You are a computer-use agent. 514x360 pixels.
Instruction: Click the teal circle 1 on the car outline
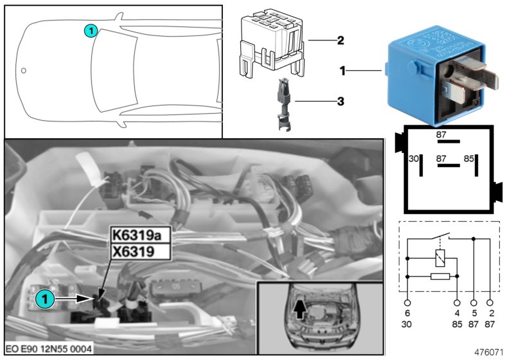point(91,30)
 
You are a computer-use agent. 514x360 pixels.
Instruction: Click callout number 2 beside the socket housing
point(341,40)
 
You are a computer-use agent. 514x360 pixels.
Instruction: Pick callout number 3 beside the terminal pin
point(341,101)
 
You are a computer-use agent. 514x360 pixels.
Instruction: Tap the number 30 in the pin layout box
point(414,158)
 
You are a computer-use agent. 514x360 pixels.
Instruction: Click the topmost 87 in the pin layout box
point(441,135)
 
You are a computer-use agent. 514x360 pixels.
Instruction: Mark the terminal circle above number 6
point(408,301)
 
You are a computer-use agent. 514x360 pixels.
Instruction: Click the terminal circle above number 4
point(457,301)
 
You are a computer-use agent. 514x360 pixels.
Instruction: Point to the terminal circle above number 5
point(474,301)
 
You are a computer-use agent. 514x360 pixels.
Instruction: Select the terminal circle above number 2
point(490,301)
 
